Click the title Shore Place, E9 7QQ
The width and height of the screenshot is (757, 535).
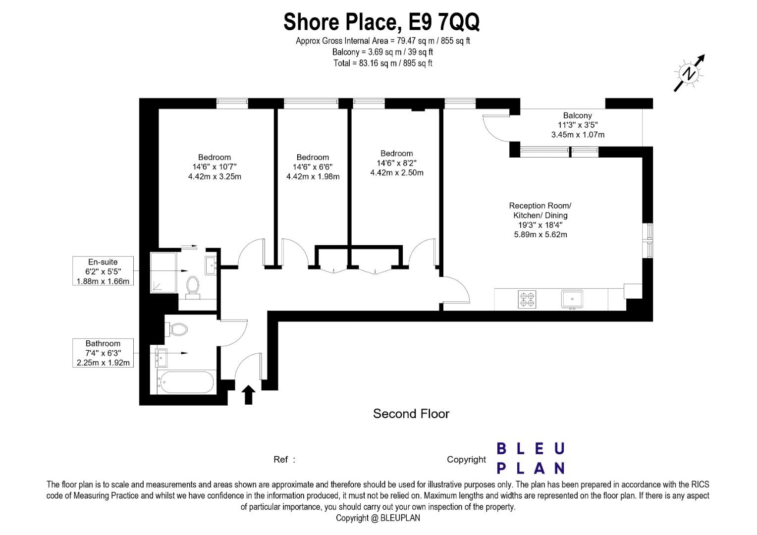(381, 22)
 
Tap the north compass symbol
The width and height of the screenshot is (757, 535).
(689, 73)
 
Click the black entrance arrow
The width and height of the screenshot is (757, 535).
(248, 395)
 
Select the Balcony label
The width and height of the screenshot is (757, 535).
(577, 115)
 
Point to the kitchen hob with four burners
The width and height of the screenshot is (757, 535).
(527, 299)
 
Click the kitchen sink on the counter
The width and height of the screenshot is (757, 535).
(572, 299)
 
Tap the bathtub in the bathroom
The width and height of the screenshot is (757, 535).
(187, 382)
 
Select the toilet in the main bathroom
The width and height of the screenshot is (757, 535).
(176, 329)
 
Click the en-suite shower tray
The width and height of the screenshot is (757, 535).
(163, 272)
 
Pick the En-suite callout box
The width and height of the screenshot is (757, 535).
(103, 271)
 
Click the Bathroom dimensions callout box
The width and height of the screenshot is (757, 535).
(103, 353)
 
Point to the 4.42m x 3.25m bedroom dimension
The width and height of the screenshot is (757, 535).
(215, 176)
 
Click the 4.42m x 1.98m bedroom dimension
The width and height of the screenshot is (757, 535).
(313, 176)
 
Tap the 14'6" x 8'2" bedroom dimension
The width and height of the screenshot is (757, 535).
(396, 163)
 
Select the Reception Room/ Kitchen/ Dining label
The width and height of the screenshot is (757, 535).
(540, 210)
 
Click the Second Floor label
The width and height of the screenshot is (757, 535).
(411, 414)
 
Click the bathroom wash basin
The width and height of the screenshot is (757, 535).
(161, 358)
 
